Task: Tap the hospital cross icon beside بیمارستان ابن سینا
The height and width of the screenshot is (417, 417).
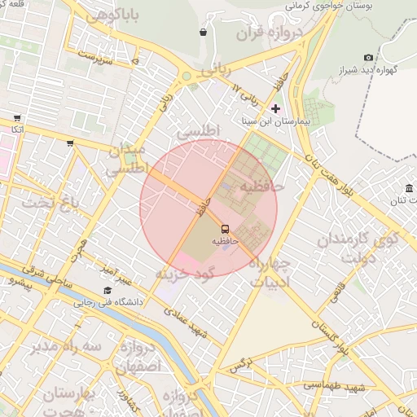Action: coord(275,108)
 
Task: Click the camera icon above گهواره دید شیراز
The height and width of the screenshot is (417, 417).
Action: coord(369,57)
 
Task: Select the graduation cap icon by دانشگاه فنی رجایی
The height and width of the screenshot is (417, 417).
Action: coord(108,290)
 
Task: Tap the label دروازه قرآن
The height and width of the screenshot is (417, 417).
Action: coord(269,33)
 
